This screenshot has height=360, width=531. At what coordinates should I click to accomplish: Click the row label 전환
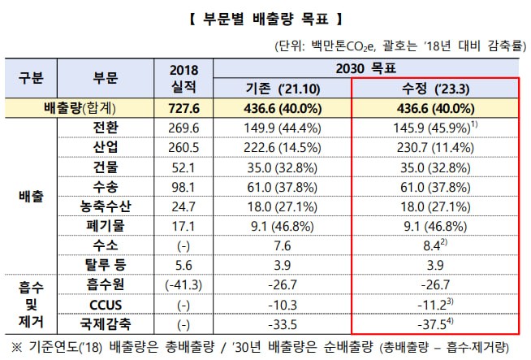(106, 128)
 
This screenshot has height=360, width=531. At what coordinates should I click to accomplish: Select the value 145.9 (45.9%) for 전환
(432, 128)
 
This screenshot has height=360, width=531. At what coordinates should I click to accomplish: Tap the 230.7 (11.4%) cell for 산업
(433, 147)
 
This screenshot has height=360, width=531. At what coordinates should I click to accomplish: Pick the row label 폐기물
(106, 225)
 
